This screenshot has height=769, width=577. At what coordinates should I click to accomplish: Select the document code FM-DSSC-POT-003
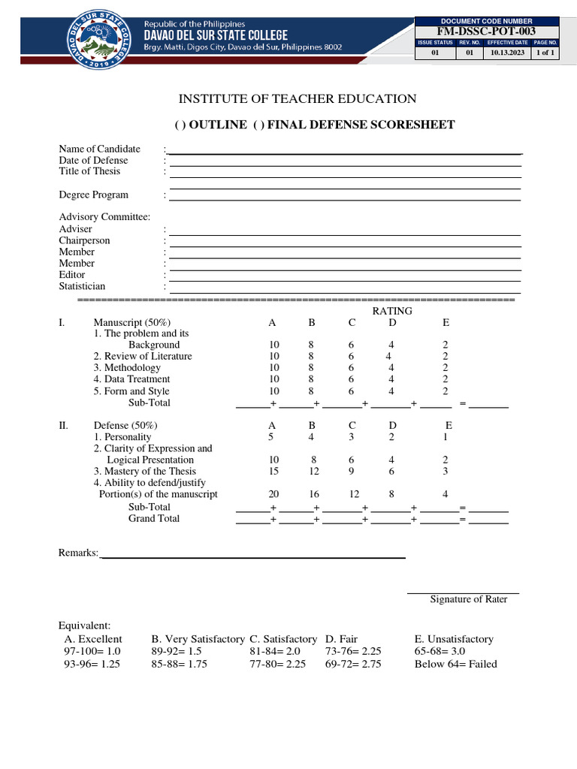487,31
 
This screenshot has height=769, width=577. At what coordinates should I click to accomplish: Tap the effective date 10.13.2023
507,54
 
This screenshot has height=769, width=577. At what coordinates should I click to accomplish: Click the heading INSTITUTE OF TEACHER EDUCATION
297,98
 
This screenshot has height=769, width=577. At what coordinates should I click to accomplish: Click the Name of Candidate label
100,149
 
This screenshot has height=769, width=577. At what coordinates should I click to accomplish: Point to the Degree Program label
94,195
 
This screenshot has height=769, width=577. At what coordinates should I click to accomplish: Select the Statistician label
83,286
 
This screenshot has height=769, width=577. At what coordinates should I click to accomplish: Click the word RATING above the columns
392,311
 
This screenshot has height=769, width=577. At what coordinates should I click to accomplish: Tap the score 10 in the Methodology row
274,368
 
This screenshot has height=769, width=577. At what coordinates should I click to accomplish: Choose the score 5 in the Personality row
273,436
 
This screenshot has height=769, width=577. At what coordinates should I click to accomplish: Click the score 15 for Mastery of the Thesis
273,471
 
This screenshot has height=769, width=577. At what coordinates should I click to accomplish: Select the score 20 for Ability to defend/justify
273,494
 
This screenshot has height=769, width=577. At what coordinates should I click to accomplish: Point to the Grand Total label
154,518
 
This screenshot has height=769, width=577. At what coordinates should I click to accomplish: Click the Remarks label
79,553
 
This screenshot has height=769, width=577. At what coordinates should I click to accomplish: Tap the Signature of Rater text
468,599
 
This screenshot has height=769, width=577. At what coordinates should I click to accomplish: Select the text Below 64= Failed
455,664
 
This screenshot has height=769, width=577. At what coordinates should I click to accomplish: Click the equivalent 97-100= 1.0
92,651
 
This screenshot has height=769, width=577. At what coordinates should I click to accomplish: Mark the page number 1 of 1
544,54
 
